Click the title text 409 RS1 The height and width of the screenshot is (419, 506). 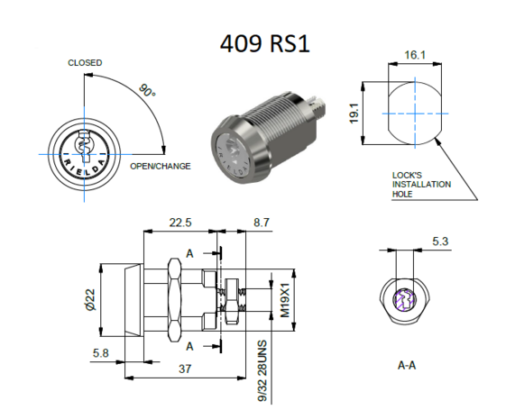[x=264, y=43]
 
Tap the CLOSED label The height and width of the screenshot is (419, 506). [x=85, y=63]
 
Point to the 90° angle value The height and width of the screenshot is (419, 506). [x=147, y=93]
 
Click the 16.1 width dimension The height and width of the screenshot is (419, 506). [x=415, y=55]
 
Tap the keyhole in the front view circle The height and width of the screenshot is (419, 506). [x=84, y=145]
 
